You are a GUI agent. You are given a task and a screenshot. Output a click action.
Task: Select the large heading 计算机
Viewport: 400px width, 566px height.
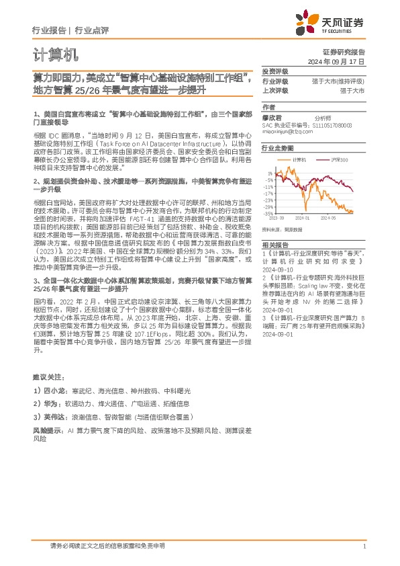point(55,54)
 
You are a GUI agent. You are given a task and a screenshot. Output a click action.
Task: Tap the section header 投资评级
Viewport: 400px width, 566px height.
point(274,71)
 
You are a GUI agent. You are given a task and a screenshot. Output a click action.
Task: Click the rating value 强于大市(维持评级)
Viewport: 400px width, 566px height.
point(342,81)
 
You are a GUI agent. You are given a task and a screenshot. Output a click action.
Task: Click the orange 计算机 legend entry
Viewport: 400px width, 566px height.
point(299,159)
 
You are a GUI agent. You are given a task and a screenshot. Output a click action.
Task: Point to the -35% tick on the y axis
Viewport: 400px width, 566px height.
point(268,214)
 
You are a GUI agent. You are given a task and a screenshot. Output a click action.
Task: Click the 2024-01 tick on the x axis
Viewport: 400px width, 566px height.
point(301,218)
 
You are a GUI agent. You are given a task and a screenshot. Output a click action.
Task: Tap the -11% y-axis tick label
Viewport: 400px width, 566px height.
point(268,187)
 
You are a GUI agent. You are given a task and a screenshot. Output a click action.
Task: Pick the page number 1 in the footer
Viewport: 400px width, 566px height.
point(363,546)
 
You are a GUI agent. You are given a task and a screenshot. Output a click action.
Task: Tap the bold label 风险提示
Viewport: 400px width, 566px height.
point(46,428)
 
